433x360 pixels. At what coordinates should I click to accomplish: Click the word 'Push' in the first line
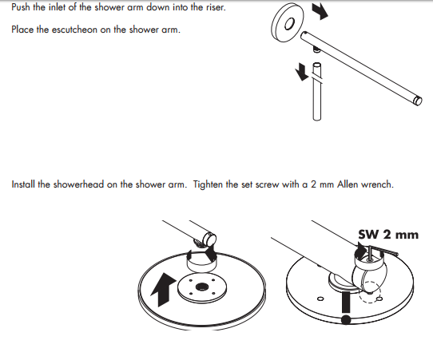pyautogui.click(x=21, y=7)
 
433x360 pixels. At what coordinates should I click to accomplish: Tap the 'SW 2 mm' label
pyautogui.click(x=388, y=235)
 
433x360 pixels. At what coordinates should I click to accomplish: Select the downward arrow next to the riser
pyautogui.click(x=301, y=73)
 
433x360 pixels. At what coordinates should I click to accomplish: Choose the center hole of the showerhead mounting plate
pyautogui.click(x=201, y=287)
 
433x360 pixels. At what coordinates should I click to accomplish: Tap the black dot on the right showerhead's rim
pyautogui.click(x=345, y=320)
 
